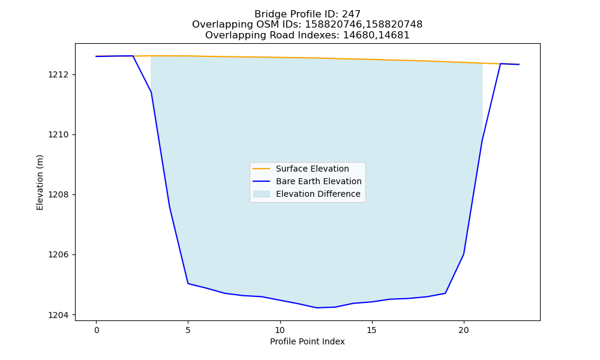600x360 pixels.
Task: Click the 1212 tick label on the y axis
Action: (x=59, y=74)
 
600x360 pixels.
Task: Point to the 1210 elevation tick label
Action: (x=59, y=134)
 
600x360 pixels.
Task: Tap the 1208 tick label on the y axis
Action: (x=59, y=195)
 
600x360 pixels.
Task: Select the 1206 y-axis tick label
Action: (x=59, y=255)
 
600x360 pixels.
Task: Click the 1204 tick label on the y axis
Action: (x=59, y=315)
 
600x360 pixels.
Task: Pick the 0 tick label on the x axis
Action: (x=97, y=330)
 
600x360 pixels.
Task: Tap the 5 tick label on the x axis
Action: (x=188, y=330)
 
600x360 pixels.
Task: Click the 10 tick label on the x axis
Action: (x=280, y=330)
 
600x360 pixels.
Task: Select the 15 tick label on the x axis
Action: (x=372, y=330)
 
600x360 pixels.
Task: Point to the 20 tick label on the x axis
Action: (x=464, y=330)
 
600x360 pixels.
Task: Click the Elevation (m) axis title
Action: (x=40, y=182)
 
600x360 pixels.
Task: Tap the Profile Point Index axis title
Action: (x=307, y=341)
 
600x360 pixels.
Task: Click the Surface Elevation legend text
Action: (x=312, y=169)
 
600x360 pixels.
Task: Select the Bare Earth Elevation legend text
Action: (x=319, y=181)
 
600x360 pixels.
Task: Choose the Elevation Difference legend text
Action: (x=318, y=194)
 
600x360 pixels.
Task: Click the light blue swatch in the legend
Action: (x=262, y=194)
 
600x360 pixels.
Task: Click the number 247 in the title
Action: (x=352, y=14)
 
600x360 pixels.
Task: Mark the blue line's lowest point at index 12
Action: (x=317, y=308)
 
